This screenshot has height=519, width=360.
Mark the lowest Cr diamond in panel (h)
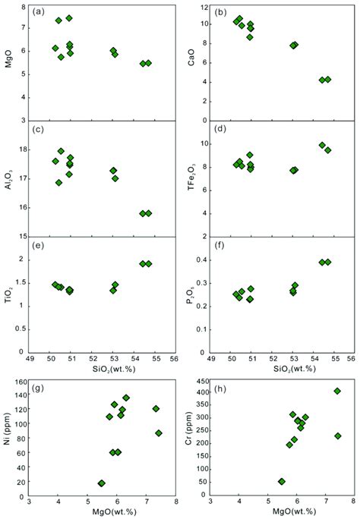pyautogui.click(x=282, y=481)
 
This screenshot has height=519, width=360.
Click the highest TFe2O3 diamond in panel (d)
pyautogui.click(x=322, y=145)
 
